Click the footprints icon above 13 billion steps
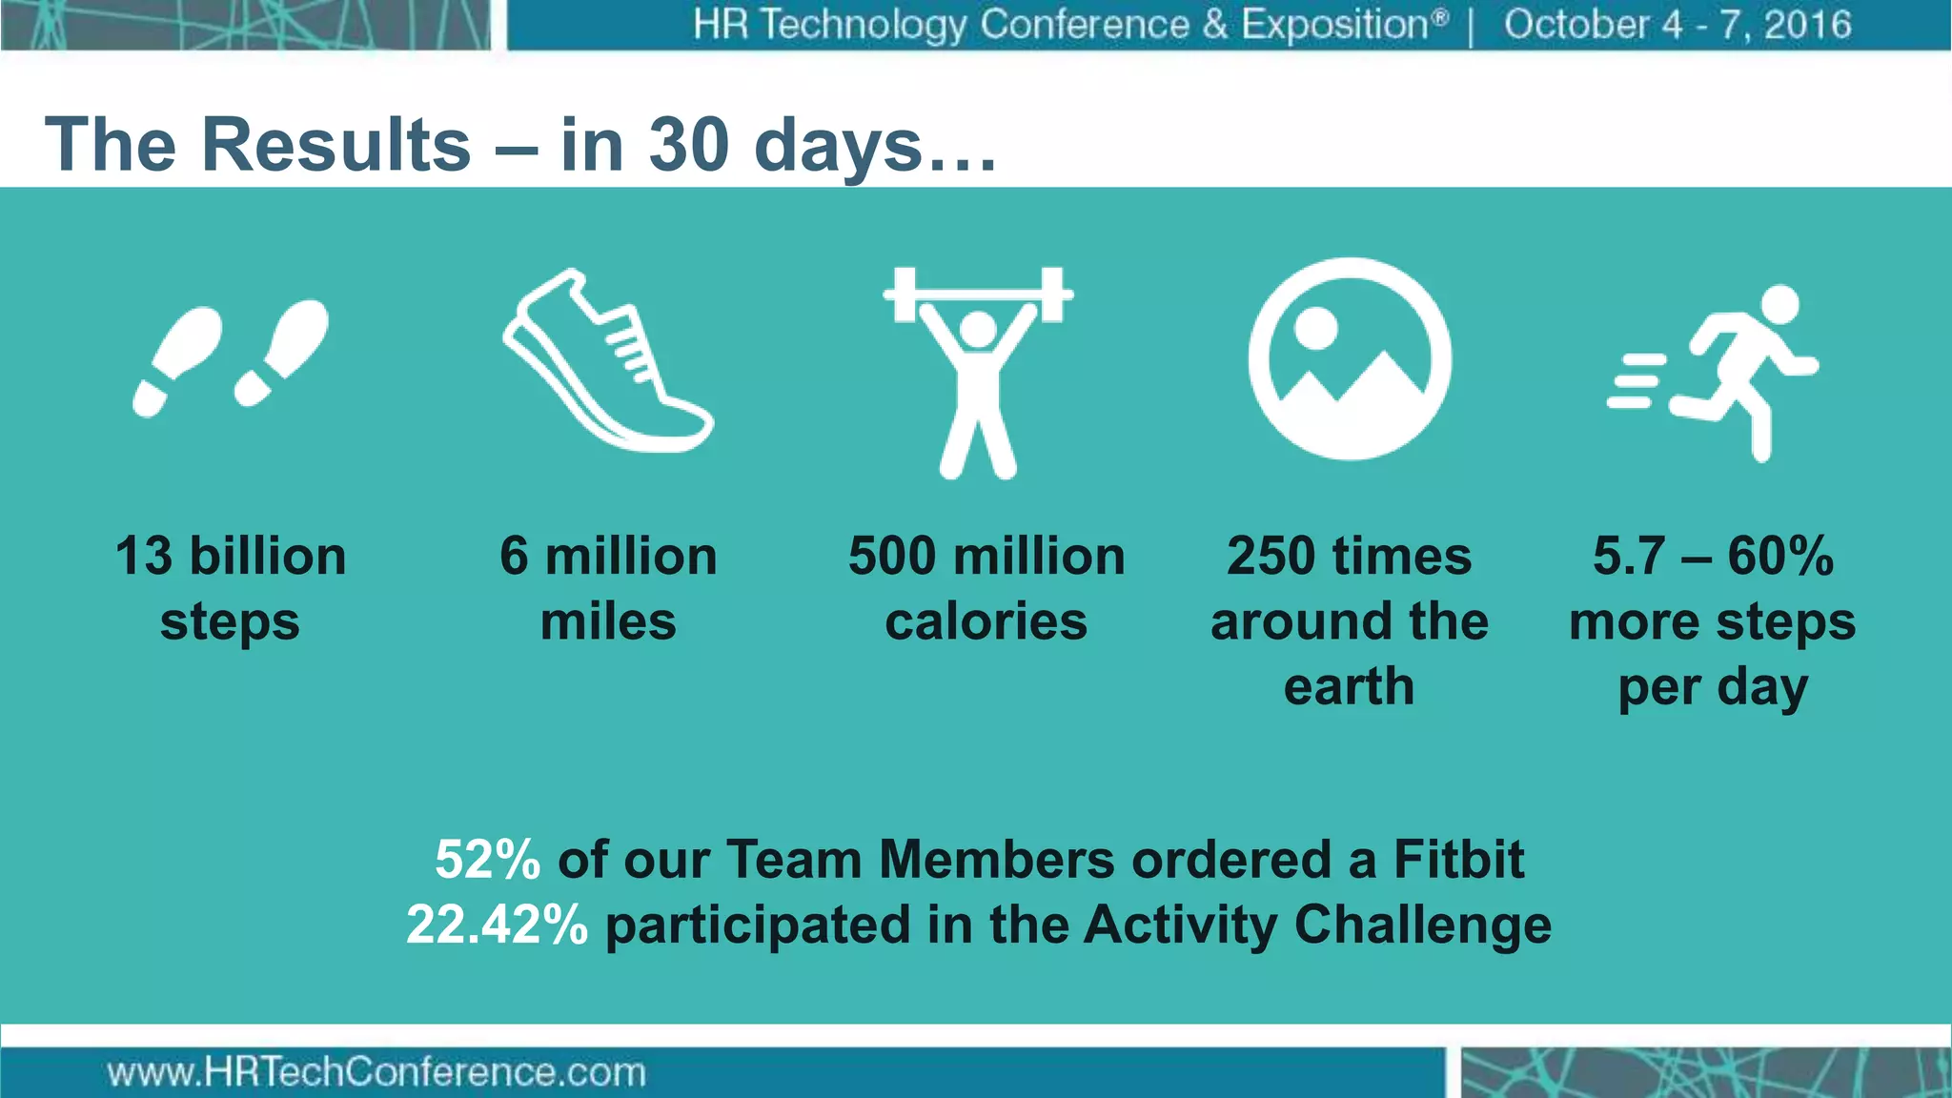pyautogui.click(x=231, y=357)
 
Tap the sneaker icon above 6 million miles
pyautogui.click(x=607, y=362)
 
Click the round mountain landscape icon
pyautogui.click(x=1350, y=359)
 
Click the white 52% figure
pyautogui.click(x=487, y=860)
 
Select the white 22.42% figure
pyautogui.click(x=497, y=925)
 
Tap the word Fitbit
pyautogui.click(x=1458, y=860)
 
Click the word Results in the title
pyautogui.click(x=336, y=145)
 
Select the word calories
pyautogui.click(x=986, y=621)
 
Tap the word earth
pyautogui.click(x=1349, y=686)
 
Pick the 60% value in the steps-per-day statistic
pyautogui.click(x=1779, y=556)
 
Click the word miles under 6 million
pyautogui.click(x=608, y=621)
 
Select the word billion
pyautogui.click(x=268, y=556)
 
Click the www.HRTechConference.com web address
pyautogui.click(x=376, y=1073)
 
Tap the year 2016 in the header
pyautogui.click(x=1807, y=25)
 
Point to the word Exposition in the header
pyautogui.click(x=1343, y=25)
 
